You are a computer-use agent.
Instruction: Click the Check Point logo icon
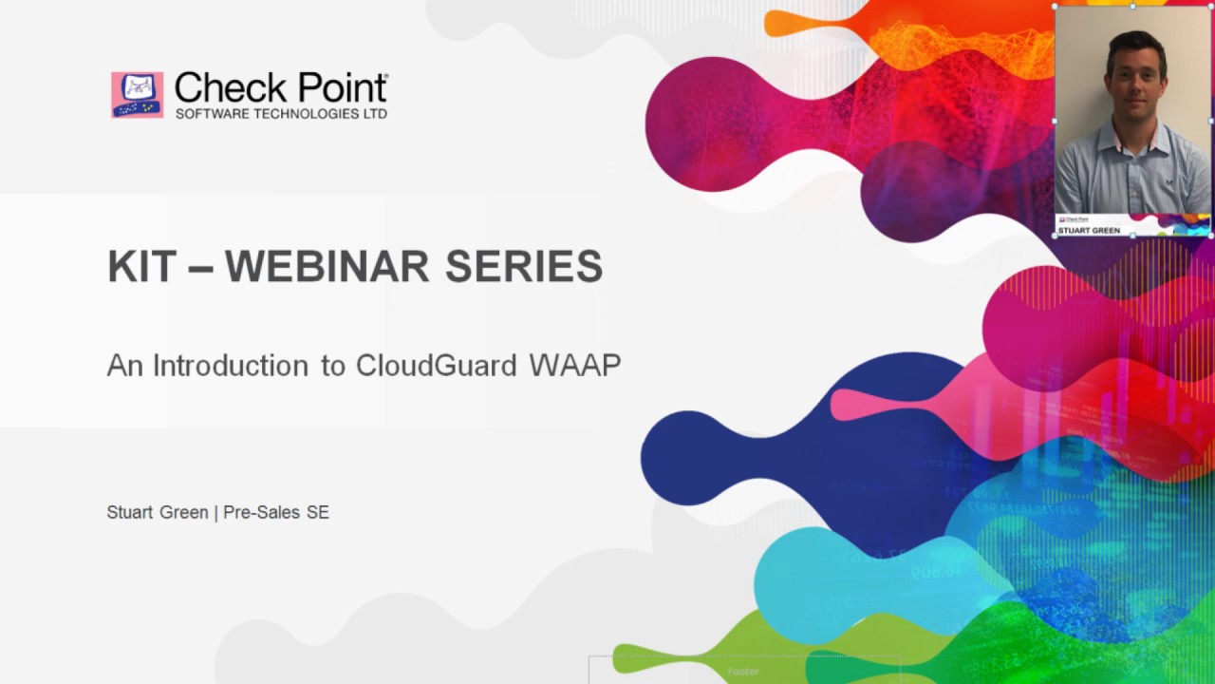point(137,95)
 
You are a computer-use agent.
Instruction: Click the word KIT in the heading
point(141,266)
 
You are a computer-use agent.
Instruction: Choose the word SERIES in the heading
point(524,266)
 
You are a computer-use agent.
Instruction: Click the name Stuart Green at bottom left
point(157,512)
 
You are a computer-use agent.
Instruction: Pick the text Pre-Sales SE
point(276,512)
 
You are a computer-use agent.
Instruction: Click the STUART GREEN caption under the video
point(1089,230)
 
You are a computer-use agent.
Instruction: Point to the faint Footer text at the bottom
point(743,672)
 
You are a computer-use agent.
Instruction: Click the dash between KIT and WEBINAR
point(200,268)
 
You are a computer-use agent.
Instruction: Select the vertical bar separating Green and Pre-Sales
point(215,512)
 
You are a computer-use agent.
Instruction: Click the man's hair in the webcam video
point(1133,43)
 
